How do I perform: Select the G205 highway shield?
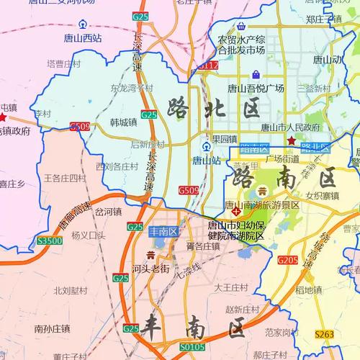(287, 260)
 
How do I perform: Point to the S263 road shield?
(325, 334)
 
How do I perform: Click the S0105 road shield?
(192, 346)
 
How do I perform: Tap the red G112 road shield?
(209, 66)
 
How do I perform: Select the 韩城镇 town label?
(124, 122)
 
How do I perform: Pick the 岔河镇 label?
(108, 212)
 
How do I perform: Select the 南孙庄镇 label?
(52, 328)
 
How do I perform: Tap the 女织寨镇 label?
(322, 195)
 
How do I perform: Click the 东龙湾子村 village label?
(132, 89)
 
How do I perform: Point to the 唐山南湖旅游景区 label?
(262, 204)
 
